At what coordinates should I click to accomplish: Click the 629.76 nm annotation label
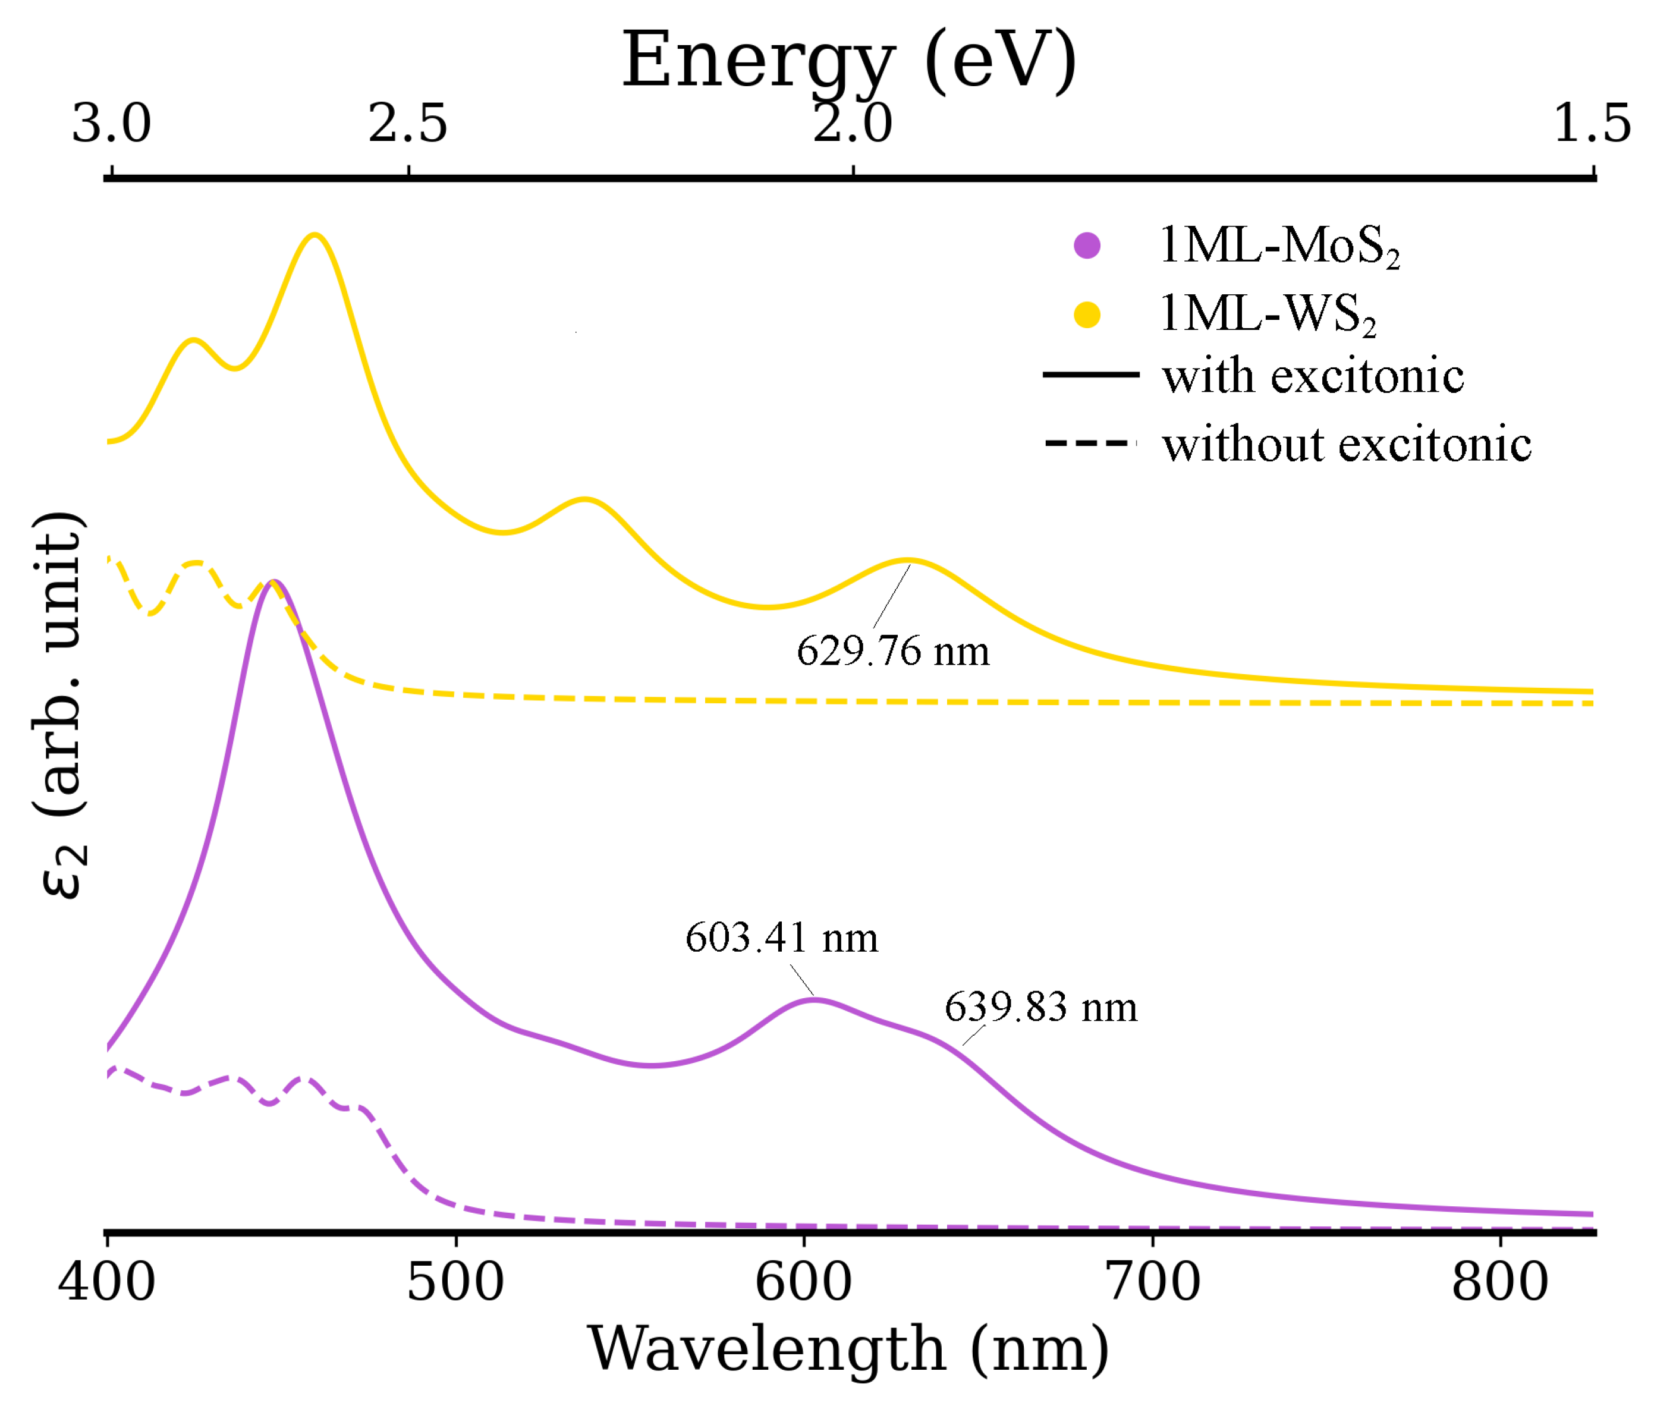coord(892,651)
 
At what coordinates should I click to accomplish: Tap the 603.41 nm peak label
coord(781,938)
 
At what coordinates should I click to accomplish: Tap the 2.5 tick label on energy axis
coord(407,124)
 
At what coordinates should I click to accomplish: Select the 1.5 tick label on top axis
coord(1592,124)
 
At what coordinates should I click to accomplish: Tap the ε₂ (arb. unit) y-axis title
coord(60,706)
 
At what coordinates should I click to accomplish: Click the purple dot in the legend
coord(1086,246)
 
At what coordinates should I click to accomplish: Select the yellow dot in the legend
coord(1086,315)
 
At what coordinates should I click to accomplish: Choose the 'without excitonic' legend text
coord(1346,444)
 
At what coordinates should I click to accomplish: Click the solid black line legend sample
coord(1090,375)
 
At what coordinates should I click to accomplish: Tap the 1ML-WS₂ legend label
coord(1268,314)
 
